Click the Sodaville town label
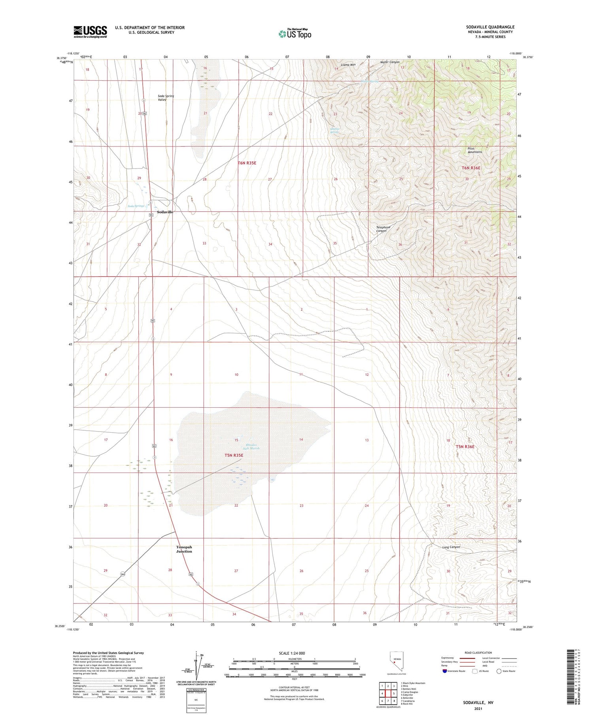[x=165, y=212]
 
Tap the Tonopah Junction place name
[x=184, y=549]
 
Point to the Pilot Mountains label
[x=475, y=150]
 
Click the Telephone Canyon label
[x=383, y=229]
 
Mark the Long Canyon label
[x=451, y=547]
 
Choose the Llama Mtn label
[x=348, y=64]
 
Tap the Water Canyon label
[x=390, y=62]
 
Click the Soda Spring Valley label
[x=166, y=98]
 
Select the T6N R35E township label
[x=247, y=163]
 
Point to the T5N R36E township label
[x=465, y=446]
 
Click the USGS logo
[x=90, y=31]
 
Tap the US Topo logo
[x=295, y=34]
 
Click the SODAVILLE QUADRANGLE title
[x=490, y=27]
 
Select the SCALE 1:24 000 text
[x=292, y=653]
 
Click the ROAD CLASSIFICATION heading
[x=478, y=653]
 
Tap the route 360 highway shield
[x=123, y=575]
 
